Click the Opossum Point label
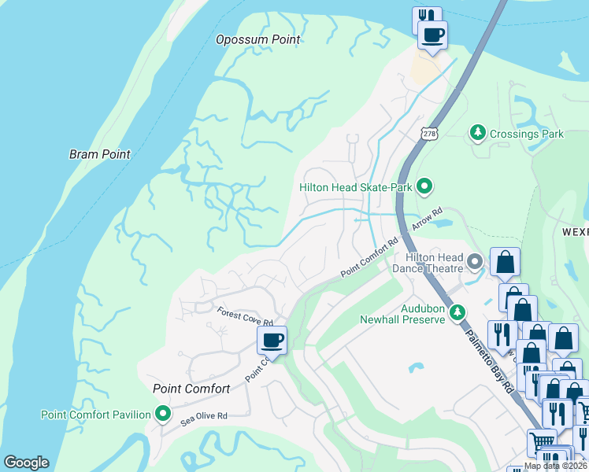[x=258, y=39]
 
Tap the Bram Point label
[x=99, y=154]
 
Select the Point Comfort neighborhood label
[x=191, y=389]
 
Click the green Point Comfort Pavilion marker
[x=163, y=413]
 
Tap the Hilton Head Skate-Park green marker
[x=424, y=186]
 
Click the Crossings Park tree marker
[x=477, y=133]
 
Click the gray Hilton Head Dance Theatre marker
[x=475, y=260]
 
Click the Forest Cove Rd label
[x=245, y=316]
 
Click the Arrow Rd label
[x=428, y=219]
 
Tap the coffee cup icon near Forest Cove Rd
[x=272, y=340]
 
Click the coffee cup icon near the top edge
[x=432, y=35]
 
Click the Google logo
[x=25, y=462]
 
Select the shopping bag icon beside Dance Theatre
[x=505, y=262]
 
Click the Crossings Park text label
[x=526, y=134]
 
